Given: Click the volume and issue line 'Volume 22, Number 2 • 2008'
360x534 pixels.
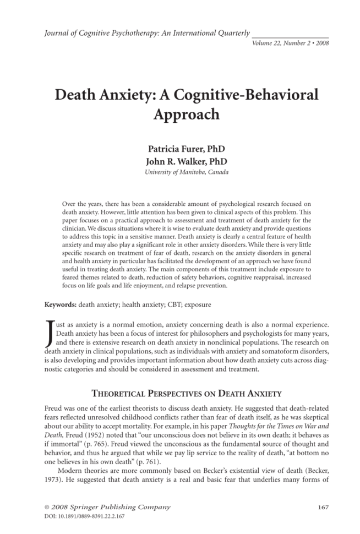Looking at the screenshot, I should [290, 43].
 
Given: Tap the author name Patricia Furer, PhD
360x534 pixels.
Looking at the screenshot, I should [179, 150].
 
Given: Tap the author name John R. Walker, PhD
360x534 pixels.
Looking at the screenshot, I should [179, 161].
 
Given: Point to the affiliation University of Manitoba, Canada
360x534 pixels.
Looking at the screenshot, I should [179, 172].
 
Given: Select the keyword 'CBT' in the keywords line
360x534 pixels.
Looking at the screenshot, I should [165, 304].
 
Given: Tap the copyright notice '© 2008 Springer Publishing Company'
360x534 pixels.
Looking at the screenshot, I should [107, 506].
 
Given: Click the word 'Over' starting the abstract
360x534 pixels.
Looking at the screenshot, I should [70, 204].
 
